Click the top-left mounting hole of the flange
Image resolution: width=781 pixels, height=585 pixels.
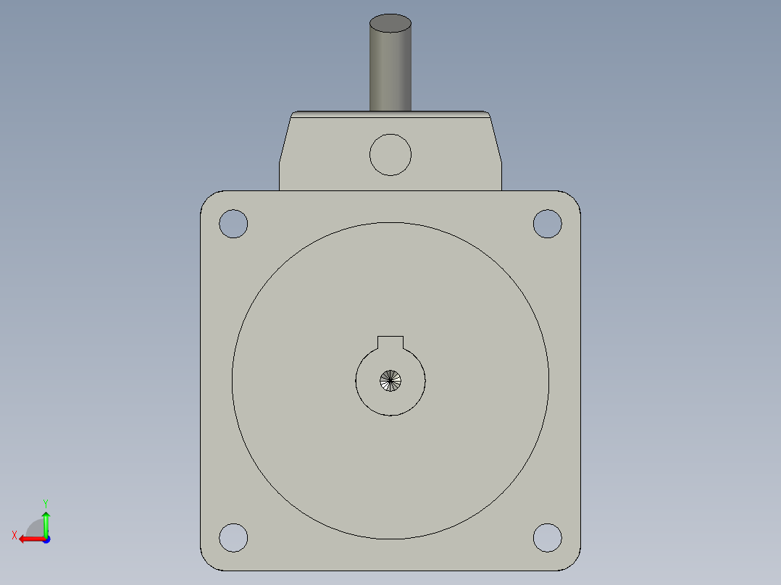(233, 224)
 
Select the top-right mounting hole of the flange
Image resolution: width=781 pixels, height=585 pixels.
(547, 224)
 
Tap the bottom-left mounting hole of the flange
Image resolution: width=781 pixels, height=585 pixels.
(233, 537)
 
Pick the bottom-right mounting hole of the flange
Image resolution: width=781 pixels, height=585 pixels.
(547, 537)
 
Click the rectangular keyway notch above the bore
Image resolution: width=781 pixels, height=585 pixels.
(390, 342)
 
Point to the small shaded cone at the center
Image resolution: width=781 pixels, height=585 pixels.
(390, 381)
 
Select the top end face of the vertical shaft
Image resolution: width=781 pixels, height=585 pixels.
(390, 23)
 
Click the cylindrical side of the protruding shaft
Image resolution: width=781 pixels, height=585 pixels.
(390, 72)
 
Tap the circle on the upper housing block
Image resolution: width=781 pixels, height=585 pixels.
(390, 154)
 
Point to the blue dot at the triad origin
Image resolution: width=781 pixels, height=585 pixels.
(46, 539)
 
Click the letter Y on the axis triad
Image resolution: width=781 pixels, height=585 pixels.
(45, 502)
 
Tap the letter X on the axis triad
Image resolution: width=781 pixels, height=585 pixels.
(14, 535)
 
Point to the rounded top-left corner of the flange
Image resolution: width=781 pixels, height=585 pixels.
(206, 197)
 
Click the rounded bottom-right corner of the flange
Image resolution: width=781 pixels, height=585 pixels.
(574, 564)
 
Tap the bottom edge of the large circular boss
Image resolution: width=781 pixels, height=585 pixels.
(390, 539)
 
